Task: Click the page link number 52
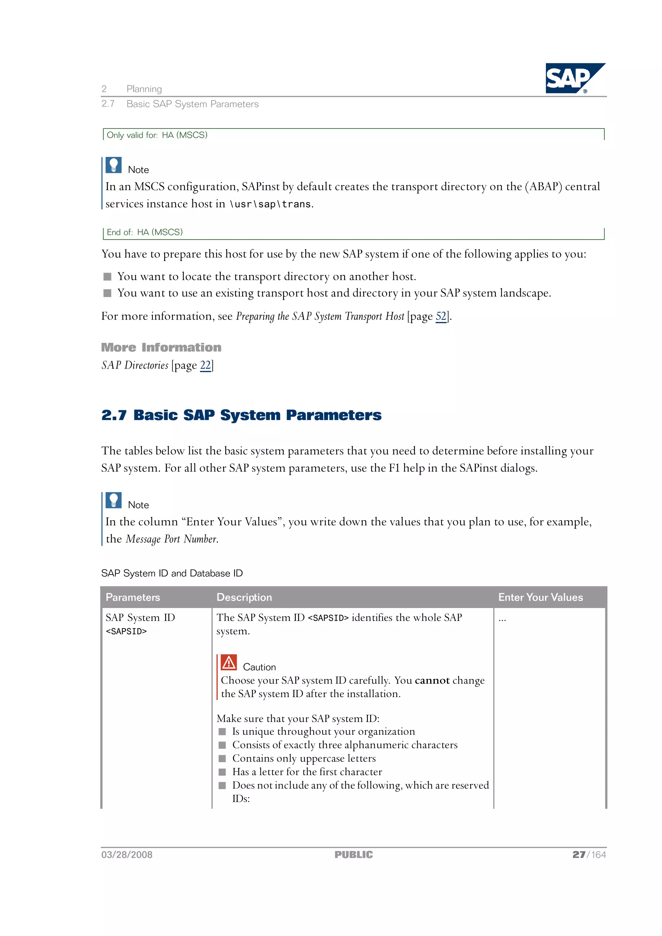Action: [x=441, y=316]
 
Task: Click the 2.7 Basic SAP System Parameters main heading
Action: [x=241, y=415]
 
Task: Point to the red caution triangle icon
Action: [x=229, y=662]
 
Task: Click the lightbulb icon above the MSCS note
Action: [x=114, y=165]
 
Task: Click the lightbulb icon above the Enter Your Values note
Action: [x=114, y=500]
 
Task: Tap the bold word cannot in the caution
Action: [x=432, y=680]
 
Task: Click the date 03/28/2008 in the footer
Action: [x=127, y=855]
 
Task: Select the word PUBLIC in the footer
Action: [x=354, y=855]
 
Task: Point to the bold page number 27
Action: [x=579, y=855]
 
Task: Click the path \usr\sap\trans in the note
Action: [x=271, y=204]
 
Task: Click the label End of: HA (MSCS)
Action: [x=144, y=232]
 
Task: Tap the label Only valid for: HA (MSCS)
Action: [x=157, y=135]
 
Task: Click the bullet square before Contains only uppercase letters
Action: [x=222, y=758]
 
